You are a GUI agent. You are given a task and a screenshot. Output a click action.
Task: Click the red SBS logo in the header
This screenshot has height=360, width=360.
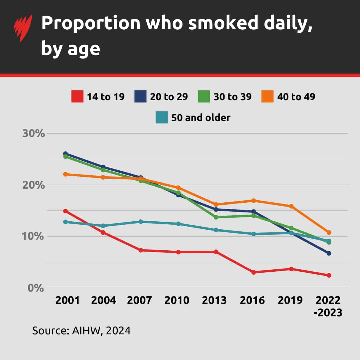[23, 28]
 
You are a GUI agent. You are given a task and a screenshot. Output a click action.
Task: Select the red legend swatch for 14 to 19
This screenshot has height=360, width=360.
[77, 97]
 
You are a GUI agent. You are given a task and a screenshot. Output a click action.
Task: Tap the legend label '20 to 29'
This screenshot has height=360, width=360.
[169, 97]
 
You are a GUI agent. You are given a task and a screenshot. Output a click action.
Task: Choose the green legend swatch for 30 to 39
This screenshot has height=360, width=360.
[204, 97]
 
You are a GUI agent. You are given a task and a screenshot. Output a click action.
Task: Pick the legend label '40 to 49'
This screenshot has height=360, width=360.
[296, 97]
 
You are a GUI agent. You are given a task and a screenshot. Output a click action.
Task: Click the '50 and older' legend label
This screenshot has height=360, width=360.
[201, 118]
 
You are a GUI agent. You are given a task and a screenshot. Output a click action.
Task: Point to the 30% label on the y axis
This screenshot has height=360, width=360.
[33, 134]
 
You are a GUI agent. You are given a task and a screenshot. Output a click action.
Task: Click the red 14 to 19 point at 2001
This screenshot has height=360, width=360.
[66, 211]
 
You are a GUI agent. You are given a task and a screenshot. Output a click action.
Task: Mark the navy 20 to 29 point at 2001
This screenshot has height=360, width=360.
[66, 154]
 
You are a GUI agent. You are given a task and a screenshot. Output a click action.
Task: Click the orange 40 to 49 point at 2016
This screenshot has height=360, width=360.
[254, 201]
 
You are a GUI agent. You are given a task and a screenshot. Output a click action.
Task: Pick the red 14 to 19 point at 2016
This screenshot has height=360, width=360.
[254, 272]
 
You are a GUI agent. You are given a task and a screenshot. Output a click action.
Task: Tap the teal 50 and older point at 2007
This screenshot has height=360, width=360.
[141, 222]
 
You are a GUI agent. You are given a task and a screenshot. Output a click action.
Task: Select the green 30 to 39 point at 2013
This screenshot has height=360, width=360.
[216, 217]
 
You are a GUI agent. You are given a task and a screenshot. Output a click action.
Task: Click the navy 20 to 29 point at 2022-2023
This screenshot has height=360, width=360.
[329, 253]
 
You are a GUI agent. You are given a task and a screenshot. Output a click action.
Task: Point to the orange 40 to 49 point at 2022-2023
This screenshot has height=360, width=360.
[329, 232]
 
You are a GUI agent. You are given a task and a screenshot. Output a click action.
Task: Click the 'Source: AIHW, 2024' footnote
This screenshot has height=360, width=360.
[81, 331]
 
